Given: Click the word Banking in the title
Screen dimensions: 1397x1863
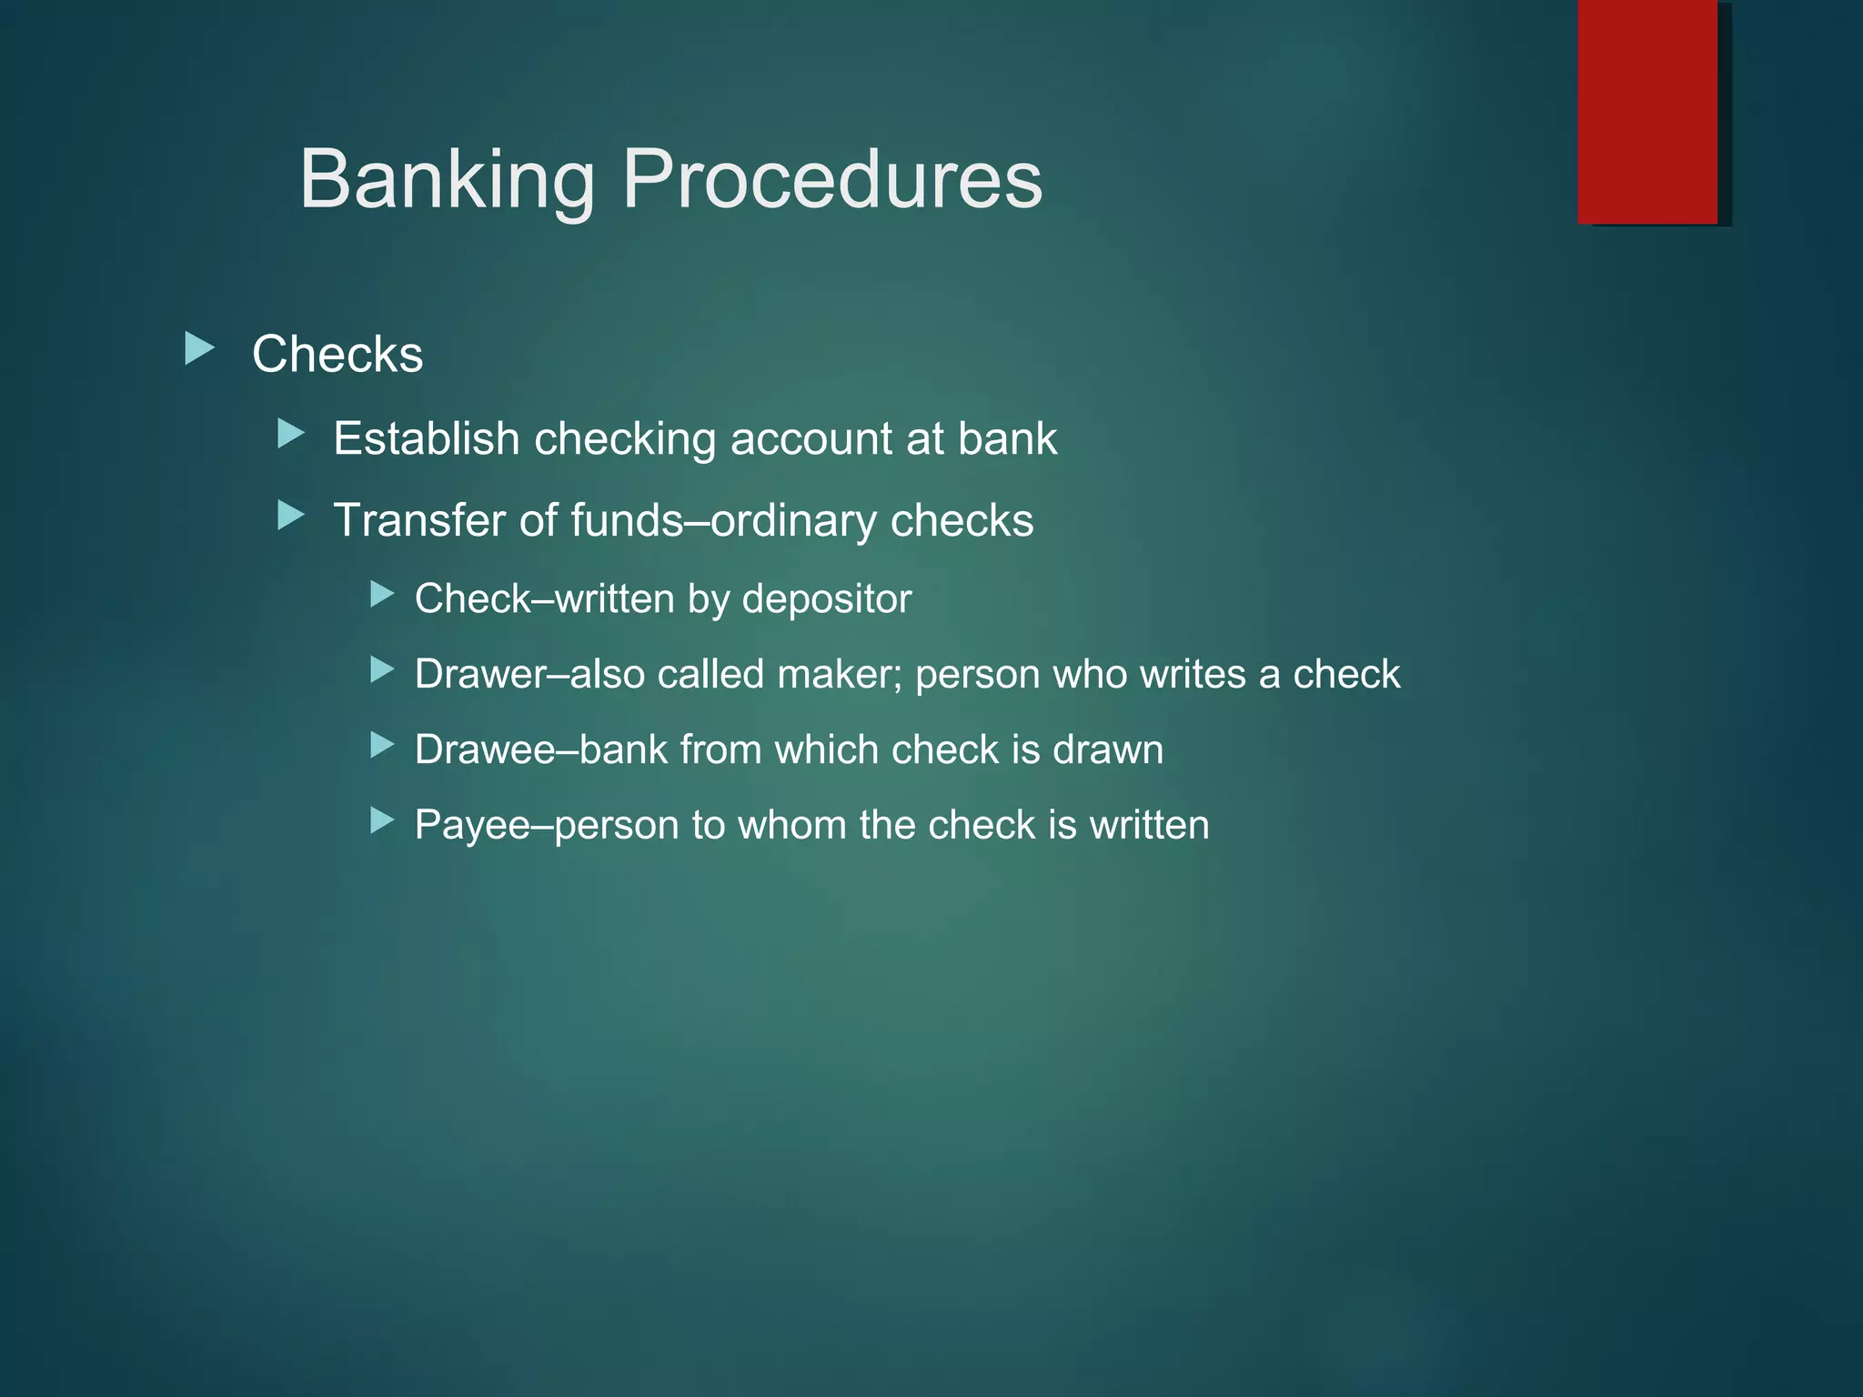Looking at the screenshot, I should pyautogui.click(x=447, y=180).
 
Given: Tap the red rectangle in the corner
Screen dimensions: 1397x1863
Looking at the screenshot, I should pyautogui.click(x=1646, y=111).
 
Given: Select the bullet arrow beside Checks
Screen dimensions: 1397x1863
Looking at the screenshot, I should pyautogui.click(x=199, y=348).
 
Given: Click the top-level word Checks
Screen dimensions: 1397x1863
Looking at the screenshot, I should pyautogui.click(x=337, y=354).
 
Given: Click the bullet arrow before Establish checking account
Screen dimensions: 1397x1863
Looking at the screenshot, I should pyautogui.click(x=291, y=434).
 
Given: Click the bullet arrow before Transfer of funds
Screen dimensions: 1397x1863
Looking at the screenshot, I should pyautogui.click(x=291, y=516).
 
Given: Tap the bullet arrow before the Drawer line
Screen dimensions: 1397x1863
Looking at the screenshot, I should pyautogui.click(x=382, y=671).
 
